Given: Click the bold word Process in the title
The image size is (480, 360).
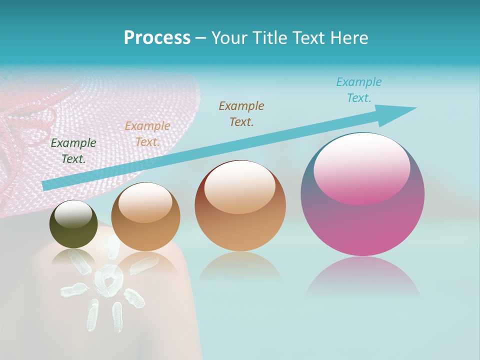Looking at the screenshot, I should click(157, 38).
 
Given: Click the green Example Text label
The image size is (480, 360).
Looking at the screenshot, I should click(73, 150).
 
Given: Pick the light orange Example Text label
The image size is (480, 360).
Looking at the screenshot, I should click(147, 134).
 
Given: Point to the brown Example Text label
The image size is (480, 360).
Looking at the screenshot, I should click(241, 113).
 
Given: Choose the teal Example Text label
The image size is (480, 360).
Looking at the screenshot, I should click(359, 90).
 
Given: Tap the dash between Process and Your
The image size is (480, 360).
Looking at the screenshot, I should click(201, 38).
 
